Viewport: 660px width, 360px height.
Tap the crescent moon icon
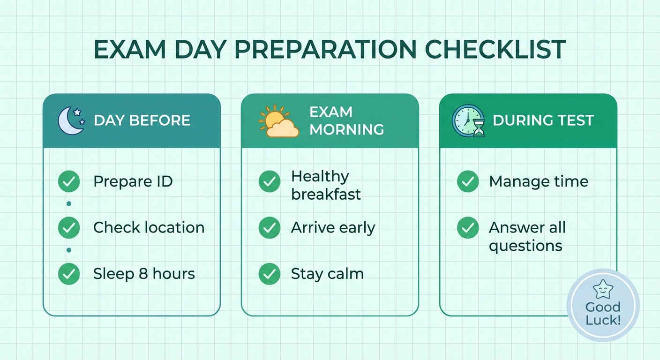pyautogui.click(x=71, y=120)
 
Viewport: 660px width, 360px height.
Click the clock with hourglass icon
pyautogui.click(x=468, y=120)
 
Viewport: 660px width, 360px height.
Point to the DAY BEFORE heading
pyautogui.click(x=142, y=120)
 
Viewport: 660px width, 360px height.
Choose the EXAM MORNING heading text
pyautogui.click(x=346, y=120)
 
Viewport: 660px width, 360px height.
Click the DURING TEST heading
pyautogui.click(x=543, y=120)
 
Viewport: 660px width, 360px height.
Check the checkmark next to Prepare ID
pyautogui.click(x=69, y=181)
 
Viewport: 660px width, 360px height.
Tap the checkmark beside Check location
pyautogui.click(x=69, y=228)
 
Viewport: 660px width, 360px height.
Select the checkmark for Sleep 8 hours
pyautogui.click(x=69, y=274)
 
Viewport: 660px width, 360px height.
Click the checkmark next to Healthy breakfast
pyautogui.click(x=270, y=181)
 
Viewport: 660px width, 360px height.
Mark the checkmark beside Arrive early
pyautogui.click(x=270, y=228)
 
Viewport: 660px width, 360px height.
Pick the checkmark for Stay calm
pyautogui.click(x=270, y=274)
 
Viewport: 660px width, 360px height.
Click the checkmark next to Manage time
pyautogui.click(x=468, y=181)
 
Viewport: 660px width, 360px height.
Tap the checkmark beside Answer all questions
pyautogui.click(x=468, y=228)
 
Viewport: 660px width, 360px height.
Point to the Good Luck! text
pyautogui.click(x=603, y=314)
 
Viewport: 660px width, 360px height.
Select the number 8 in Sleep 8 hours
pyautogui.click(x=143, y=274)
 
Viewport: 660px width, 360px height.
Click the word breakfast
pyautogui.click(x=326, y=194)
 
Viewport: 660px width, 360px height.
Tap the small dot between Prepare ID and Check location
pyautogui.click(x=69, y=204)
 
